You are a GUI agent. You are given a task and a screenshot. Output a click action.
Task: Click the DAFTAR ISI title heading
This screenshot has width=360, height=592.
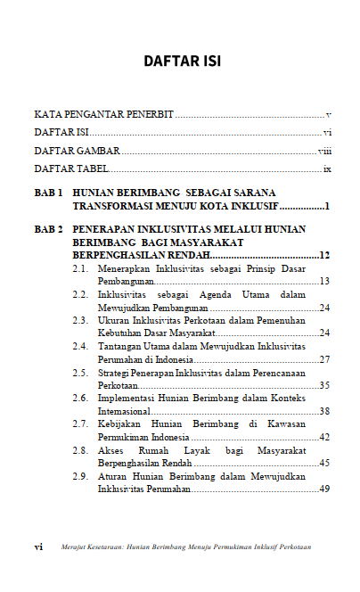tap(181, 62)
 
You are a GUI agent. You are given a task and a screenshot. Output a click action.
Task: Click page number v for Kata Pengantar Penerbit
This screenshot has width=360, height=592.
tap(329, 115)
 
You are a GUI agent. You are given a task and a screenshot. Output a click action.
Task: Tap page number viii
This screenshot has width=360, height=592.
tap(325, 151)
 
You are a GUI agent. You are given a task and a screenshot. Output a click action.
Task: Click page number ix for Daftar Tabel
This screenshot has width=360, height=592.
tap(327, 169)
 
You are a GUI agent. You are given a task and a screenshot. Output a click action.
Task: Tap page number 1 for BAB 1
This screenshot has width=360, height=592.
tap(328, 206)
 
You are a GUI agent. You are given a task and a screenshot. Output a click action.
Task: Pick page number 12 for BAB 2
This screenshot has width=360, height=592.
tap(325, 256)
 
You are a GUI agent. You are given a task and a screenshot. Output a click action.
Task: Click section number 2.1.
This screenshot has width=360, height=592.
tap(79, 268)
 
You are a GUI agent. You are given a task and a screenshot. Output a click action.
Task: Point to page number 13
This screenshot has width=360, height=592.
tap(325, 282)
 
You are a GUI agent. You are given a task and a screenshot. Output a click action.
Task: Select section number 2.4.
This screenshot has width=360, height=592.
tap(79, 346)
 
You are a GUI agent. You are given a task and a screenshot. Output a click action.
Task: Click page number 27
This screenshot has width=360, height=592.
tap(325, 359)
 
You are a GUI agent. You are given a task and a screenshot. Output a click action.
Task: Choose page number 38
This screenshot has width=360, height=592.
tap(325, 411)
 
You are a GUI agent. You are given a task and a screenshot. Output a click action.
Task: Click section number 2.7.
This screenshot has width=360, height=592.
tap(79, 423)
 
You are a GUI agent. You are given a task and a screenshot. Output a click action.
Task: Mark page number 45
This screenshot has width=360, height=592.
tap(325, 463)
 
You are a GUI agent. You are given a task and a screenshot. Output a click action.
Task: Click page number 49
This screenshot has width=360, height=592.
tap(325, 489)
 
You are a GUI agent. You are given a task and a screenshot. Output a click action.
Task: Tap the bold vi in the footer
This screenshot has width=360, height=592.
tap(38, 547)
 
